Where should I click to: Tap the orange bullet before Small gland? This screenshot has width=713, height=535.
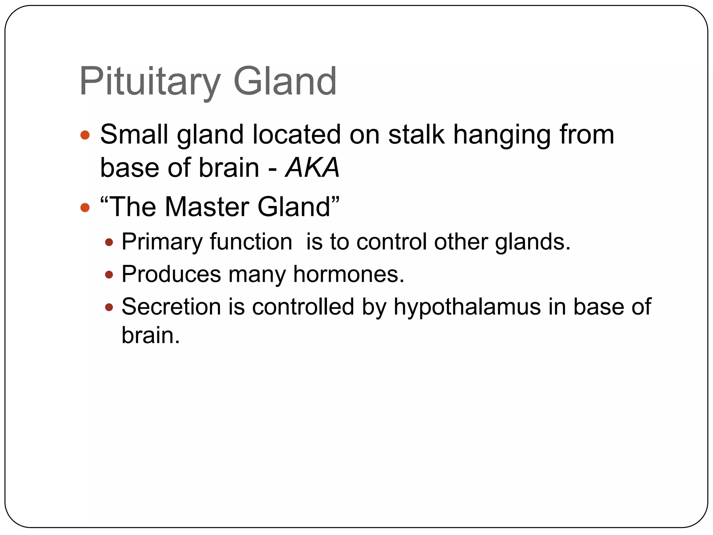85,135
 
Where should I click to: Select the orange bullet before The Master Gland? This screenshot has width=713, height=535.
85,208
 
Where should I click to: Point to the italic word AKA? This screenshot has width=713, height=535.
312,168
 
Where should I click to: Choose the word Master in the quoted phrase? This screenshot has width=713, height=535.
207,207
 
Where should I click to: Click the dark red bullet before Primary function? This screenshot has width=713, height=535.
109,242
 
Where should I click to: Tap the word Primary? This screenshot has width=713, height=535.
162,242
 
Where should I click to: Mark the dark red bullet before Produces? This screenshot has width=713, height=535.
109,275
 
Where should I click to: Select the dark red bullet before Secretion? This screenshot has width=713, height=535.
109,307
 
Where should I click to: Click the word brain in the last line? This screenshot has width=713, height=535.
150,335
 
